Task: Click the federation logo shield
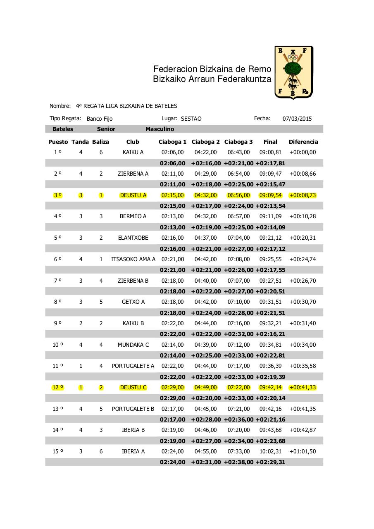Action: point(294,73)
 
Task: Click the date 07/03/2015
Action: point(297,119)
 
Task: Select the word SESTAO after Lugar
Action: point(191,119)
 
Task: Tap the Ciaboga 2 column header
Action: point(206,142)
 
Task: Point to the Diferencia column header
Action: point(303,142)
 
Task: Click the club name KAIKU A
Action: point(133,152)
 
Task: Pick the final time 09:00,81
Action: point(270,152)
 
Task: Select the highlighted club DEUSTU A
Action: point(133,195)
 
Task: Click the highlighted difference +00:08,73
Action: point(303,195)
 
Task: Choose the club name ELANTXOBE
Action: point(133,238)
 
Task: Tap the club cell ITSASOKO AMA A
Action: point(133,259)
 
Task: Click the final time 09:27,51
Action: point(270,281)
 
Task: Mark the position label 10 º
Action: point(58,345)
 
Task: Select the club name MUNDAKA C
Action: point(133,345)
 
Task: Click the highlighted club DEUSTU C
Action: point(133,387)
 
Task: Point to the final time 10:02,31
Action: point(270,451)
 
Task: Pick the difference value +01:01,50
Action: point(303,451)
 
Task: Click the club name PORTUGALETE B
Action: point(133,409)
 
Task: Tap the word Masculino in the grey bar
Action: point(160,129)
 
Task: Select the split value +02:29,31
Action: point(270,462)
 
